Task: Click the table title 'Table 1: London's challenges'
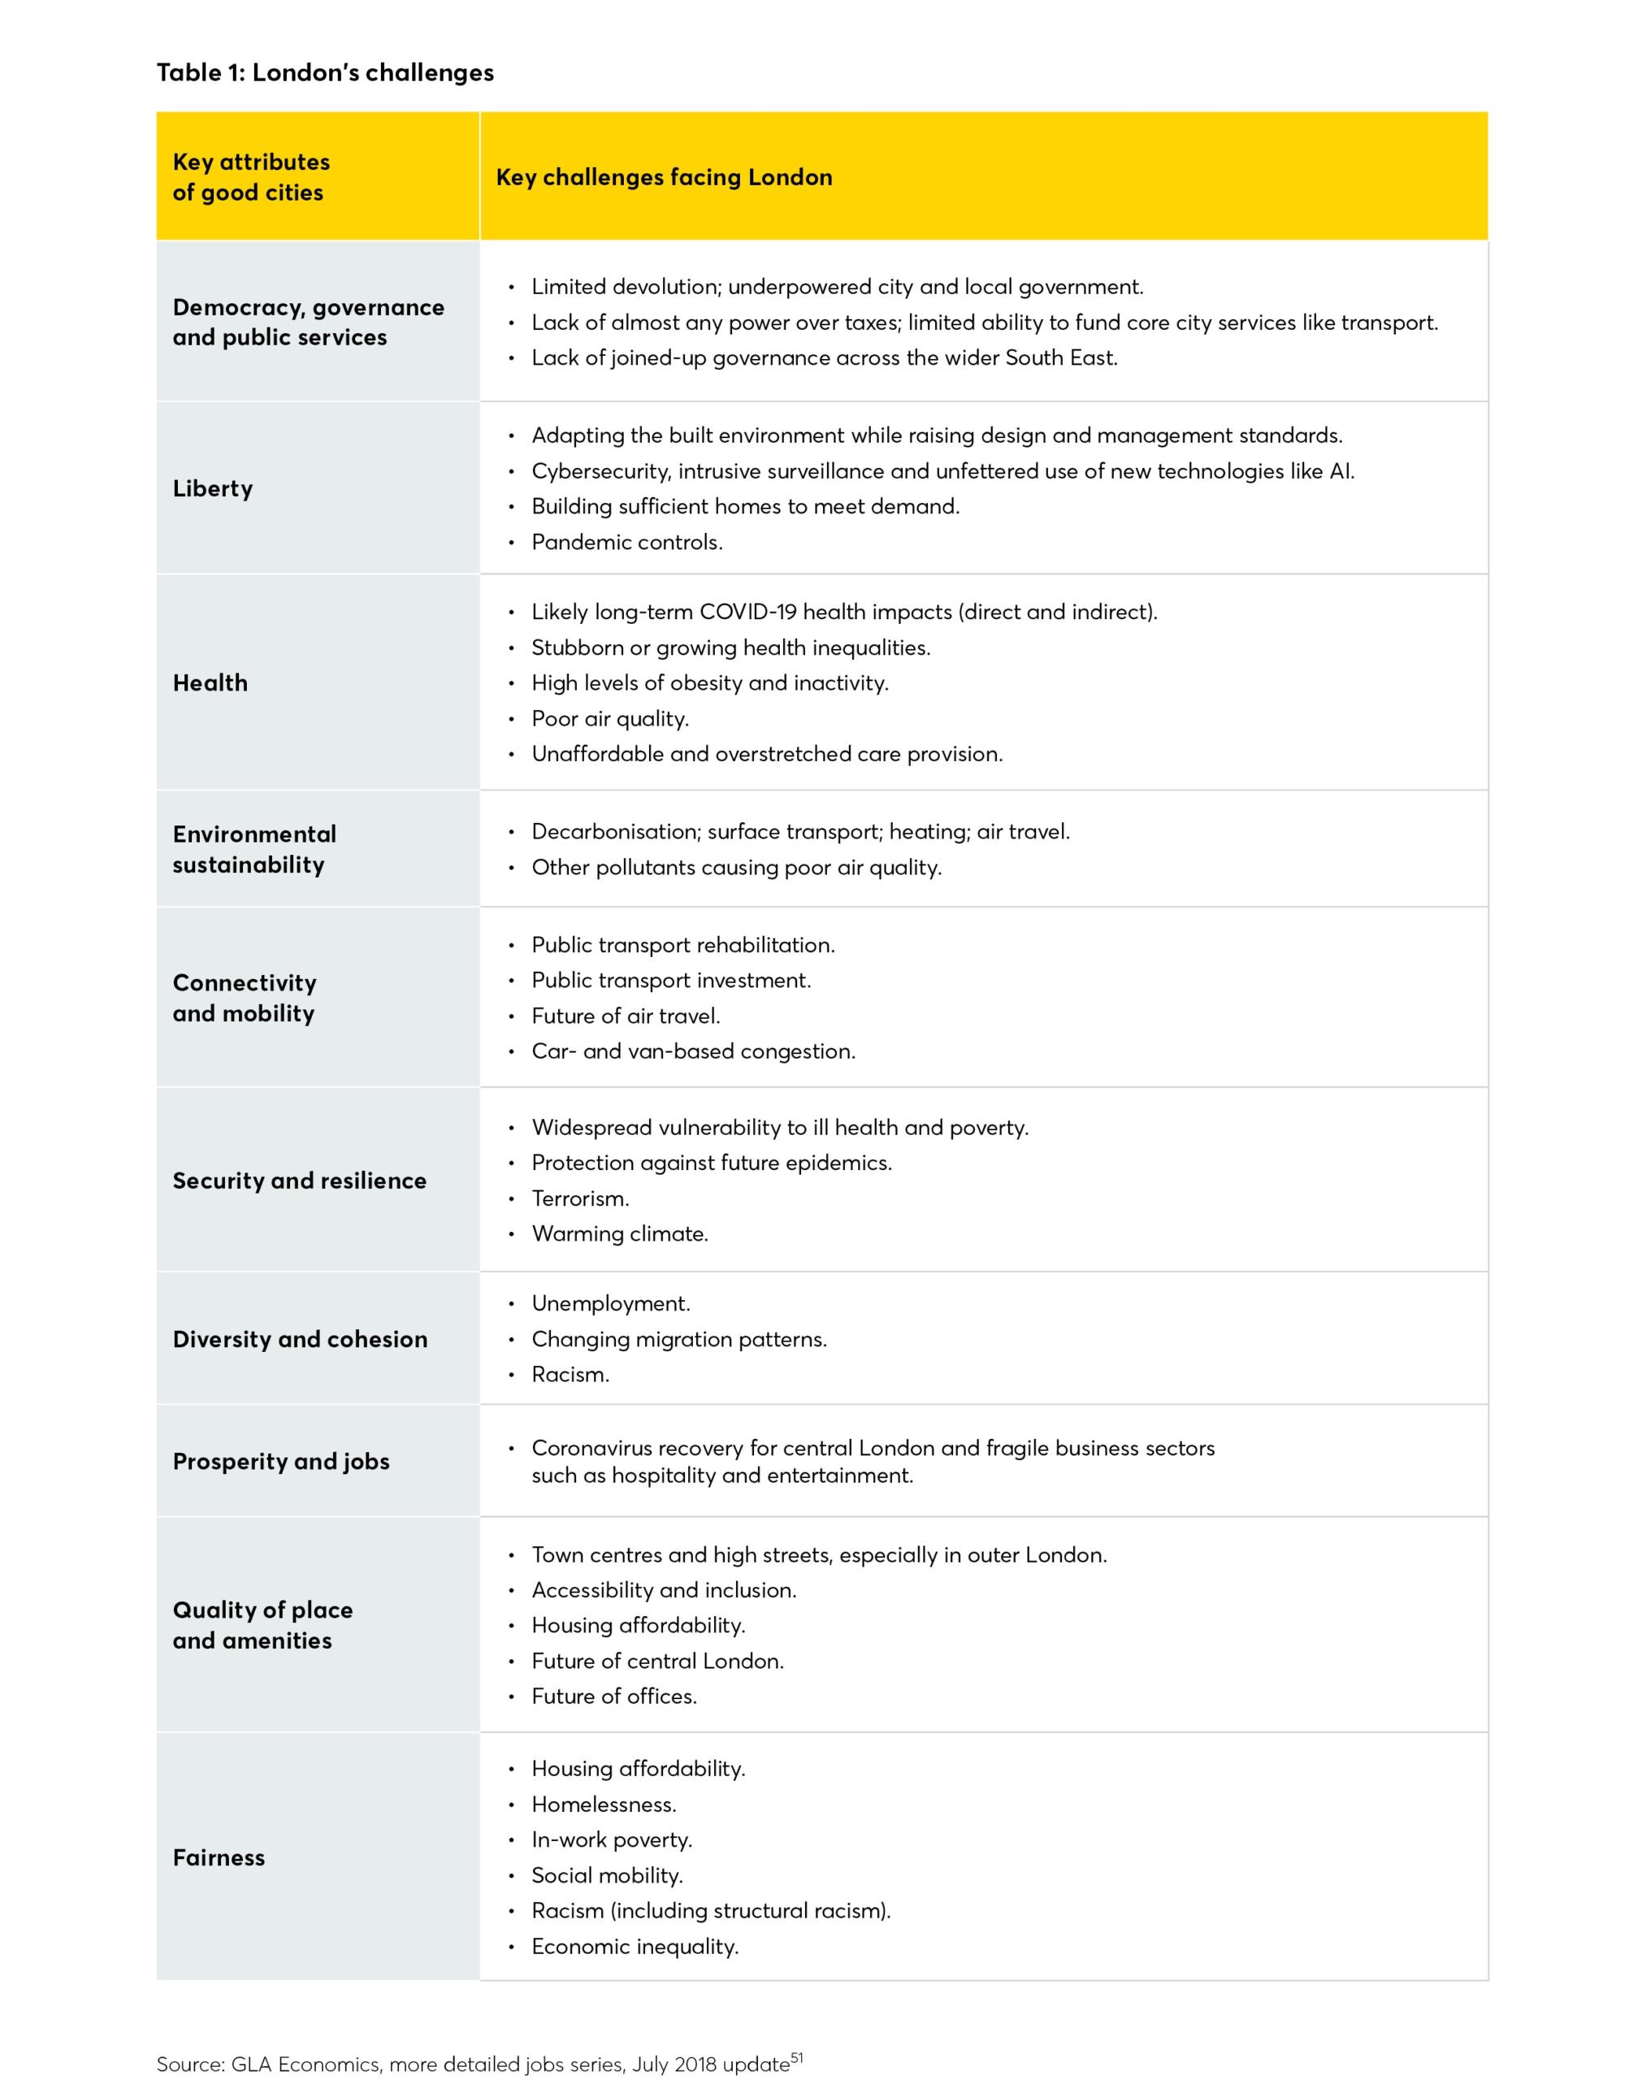[x=325, y=73]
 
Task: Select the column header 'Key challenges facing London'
[x=664, y=177]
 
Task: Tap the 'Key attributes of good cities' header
[x=250, y=177]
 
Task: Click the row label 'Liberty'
[x=213, y=488]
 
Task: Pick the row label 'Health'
[x=210, y=683]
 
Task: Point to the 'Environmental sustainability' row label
[x=254, y=849]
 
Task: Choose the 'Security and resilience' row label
[x=299, y=1181]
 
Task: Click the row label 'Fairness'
[x=219, y=1857]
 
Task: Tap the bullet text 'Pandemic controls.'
[x=626, y=543]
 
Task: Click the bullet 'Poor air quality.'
[x=610, y=719]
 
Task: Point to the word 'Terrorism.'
[x=580, y=1199]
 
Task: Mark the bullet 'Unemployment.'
[x=611, y=1304]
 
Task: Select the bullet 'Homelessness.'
[x=604, y=1805]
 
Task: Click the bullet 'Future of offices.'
[x=614, y=1696]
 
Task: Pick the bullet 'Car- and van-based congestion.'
[x=693, y=1051]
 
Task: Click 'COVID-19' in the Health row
[x=747, y=612]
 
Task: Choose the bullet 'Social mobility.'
[x=607, y=1876]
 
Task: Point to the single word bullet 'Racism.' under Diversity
[x=570, y=1375]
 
